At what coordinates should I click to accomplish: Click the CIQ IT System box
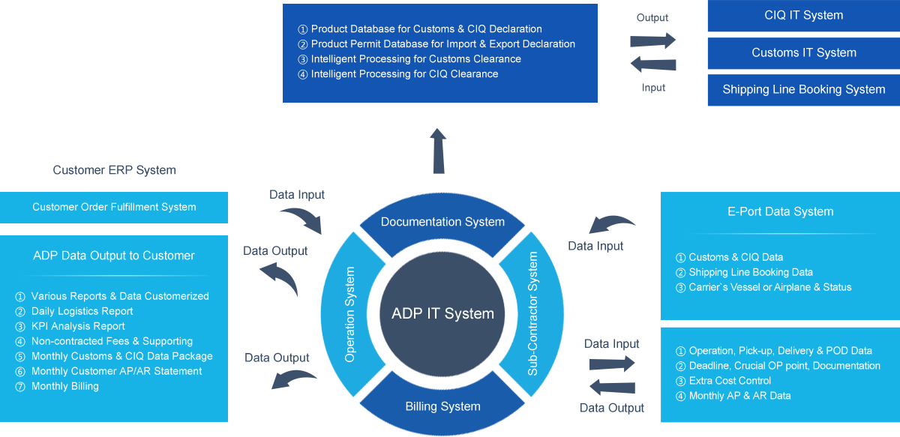802,16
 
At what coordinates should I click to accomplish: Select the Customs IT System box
803,53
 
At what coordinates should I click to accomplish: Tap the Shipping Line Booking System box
803,90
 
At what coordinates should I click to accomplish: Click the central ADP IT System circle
442,313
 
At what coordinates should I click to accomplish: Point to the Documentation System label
442,222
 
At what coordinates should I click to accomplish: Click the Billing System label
442,407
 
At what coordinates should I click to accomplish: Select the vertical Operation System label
350,315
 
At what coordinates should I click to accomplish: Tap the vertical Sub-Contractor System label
533,313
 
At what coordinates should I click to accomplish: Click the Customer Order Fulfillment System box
114,207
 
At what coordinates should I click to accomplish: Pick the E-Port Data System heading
780,212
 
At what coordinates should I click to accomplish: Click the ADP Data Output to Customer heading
114,256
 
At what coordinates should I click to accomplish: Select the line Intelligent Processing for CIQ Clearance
404,74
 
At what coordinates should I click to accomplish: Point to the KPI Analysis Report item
78,326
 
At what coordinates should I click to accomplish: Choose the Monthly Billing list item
65,386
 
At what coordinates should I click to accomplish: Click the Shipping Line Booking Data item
751,272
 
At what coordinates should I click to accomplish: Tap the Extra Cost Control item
730,381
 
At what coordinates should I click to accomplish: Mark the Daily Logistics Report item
82,311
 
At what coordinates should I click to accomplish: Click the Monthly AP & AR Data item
739,396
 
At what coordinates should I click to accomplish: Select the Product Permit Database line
442,44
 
